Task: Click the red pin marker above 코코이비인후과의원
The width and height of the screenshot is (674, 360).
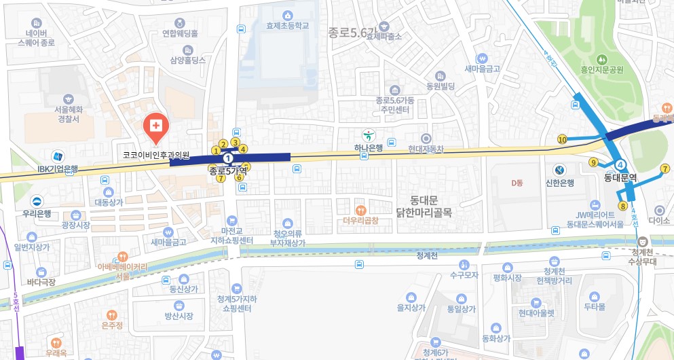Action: coord(155,126)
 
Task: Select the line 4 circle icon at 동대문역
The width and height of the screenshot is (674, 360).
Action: coord(620,165)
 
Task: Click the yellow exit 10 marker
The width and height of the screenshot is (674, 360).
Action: coord(562,139)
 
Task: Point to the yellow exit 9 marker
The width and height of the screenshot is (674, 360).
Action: coord(593,162)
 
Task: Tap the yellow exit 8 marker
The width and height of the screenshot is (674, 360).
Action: coord(622,206)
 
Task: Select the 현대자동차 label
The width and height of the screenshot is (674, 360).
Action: coord(426,148)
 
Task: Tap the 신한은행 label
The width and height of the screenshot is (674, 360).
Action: coord(560,182)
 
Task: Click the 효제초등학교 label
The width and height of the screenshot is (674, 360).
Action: coord(288,25)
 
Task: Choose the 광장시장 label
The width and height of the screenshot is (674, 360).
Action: coord(75,224)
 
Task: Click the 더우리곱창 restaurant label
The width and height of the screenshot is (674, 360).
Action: coord(360,220)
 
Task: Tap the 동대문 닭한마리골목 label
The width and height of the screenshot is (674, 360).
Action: coord(425,206)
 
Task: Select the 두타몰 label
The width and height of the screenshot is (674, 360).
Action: coord(595,306)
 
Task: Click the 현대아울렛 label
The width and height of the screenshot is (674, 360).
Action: coord(536,313)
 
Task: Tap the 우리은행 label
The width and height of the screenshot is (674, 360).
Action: coord(36,213)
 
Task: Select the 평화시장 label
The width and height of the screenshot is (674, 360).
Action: coord(506,277)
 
